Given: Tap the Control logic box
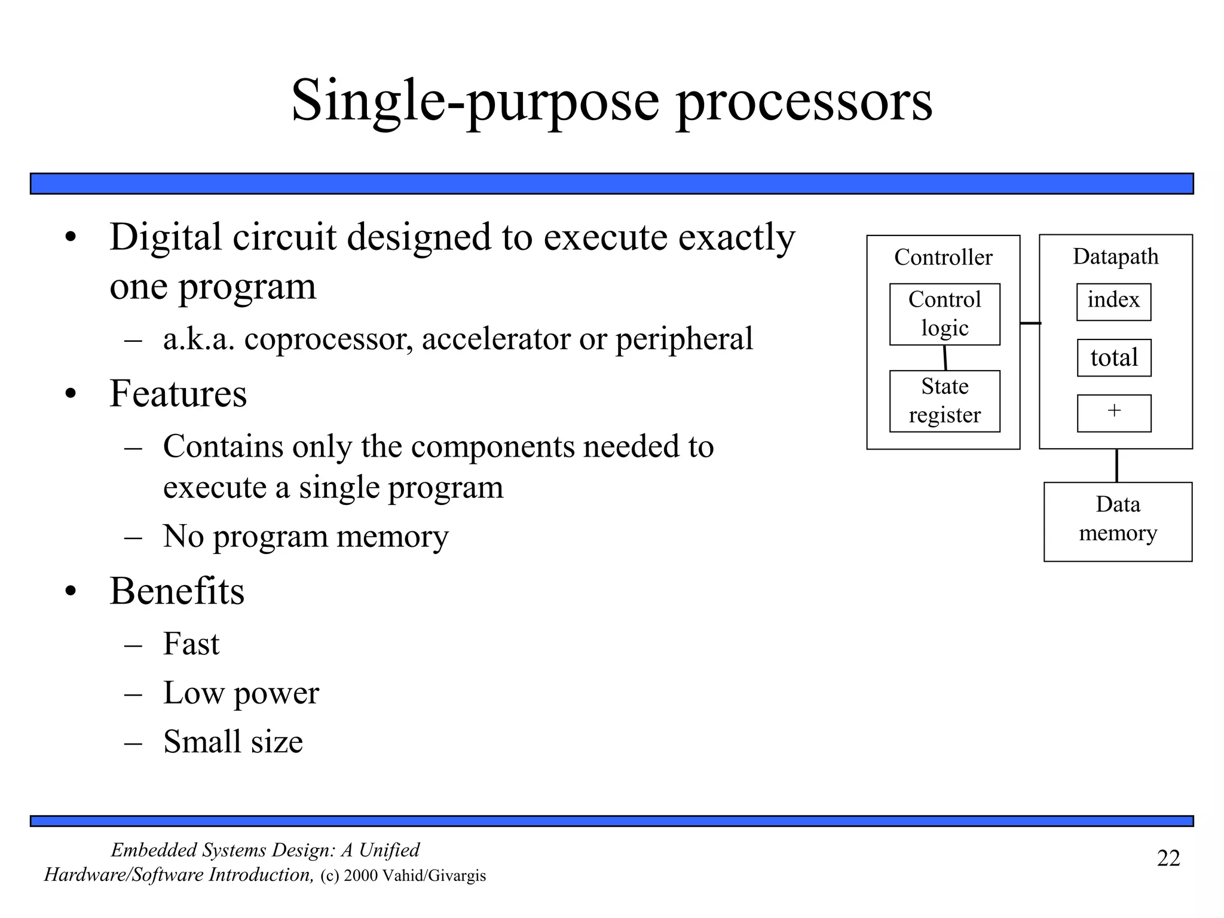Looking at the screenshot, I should coord(944,314).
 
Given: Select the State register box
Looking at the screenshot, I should coord(944,401).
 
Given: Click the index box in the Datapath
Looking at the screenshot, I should coord(1113,301).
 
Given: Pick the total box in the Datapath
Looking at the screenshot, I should coord(1114,358).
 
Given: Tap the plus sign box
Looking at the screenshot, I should coord(1114,413).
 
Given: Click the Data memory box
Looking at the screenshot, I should coord(1118,521).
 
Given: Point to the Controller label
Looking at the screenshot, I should coord(943,258).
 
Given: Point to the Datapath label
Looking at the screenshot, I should coord(1115,256).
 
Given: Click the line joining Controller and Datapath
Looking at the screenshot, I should coord(1030,323).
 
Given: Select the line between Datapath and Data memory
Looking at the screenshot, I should coord(1116,466).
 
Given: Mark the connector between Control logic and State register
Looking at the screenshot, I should coord(945,357).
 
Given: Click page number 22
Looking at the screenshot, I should coord(1168,858).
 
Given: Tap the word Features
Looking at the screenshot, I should coord(178,394).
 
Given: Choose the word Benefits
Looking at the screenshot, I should coord(177,592).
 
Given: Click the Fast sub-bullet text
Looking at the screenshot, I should coord(191,644).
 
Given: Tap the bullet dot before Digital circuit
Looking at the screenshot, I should coord(71,238).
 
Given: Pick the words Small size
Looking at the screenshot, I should coord(233,742).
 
